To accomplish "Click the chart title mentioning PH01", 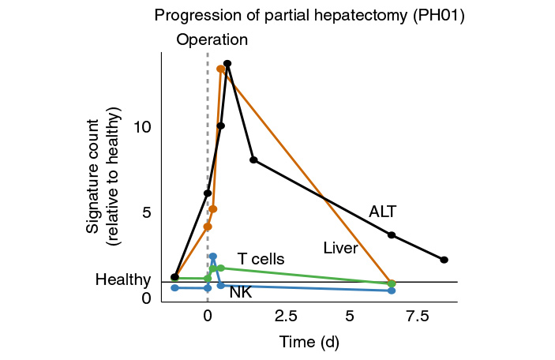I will [x=309, y=15].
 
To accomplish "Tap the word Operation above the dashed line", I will [x=212, y=40].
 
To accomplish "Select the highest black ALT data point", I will [x=227, y=63].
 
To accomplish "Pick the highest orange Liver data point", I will [x=220, y=69].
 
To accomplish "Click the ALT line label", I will [x=383, y=211].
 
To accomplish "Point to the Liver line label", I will [x=341, y=249].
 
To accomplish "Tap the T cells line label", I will [x=261, y=259].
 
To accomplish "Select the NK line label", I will [x=241, y=293].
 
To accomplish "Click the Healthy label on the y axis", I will [x=122, y=280].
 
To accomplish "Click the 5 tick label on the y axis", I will [x=146, y=212].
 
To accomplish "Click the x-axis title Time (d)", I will [x=309, y=342].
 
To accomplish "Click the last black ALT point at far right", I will [x=444, y=260].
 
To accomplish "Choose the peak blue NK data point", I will [x=213, y=256].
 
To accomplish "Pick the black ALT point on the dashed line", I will [x=208, y=193].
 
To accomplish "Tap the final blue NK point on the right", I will [x=392, y=291].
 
